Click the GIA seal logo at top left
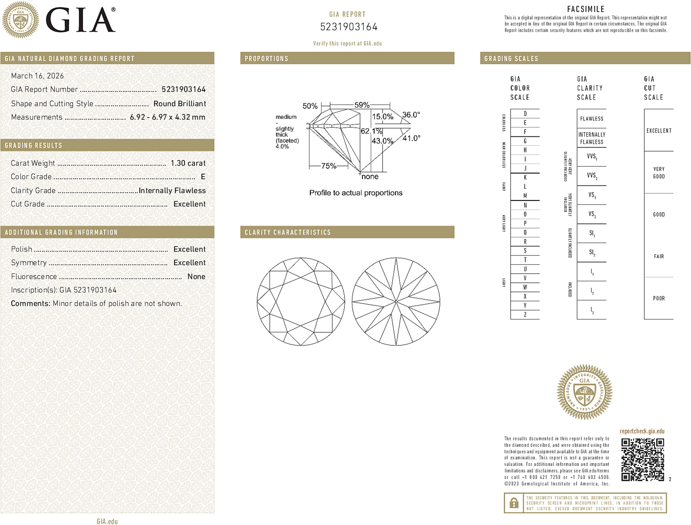tap(21, 20)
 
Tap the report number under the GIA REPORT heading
tap(349, 27)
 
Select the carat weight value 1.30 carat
tap(188, 163)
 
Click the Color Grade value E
tap(203, 177)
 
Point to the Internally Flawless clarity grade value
tap(172, 191)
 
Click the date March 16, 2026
tap(37, 76)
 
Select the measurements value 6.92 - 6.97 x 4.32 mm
tap(167, 117)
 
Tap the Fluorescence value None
tap(196, 277)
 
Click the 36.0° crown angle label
tap(411, 115)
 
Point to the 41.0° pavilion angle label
tap(411, 138)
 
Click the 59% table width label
tap(362, 105)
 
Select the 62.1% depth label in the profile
tap(371, 131)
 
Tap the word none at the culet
tap(370, 176)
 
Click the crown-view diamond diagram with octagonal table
tap(301, 302)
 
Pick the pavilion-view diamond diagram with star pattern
tap(396, 302)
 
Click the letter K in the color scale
tap(525, 178)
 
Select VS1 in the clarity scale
tap(592, 195)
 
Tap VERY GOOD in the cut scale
tap(659, 173)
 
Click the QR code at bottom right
tap(642, 459)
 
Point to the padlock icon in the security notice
tap(514, 503)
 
